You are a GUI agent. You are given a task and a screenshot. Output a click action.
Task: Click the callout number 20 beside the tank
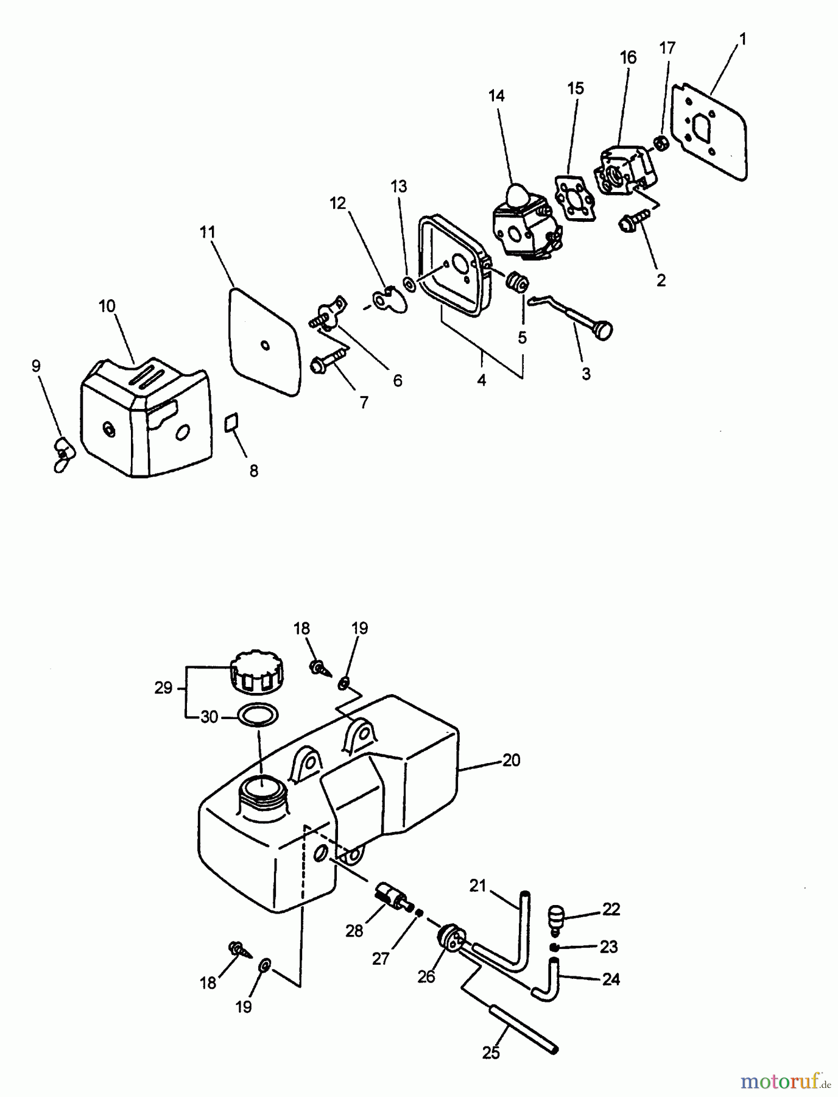(x=511, y=760)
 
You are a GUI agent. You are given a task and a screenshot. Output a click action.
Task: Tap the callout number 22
(x=611, y=909)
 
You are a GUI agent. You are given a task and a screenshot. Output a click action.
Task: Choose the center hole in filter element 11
(x=264, y=346)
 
